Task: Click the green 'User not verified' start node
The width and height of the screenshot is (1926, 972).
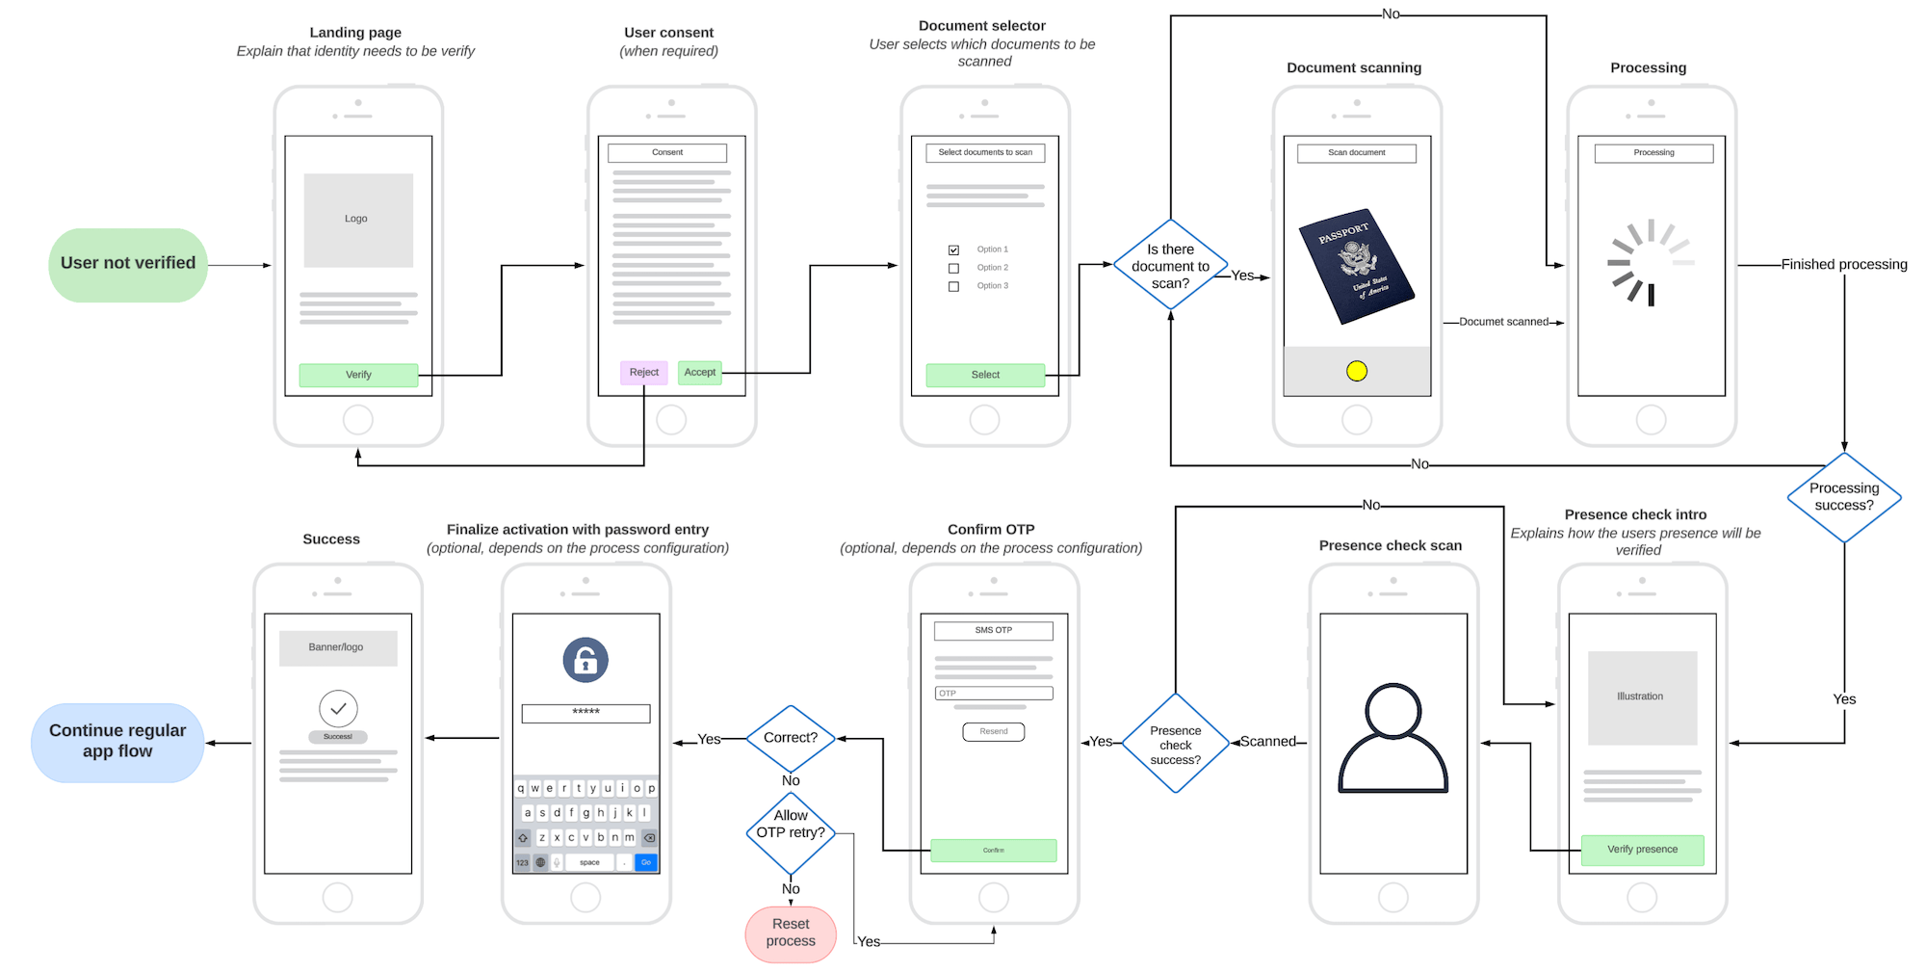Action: tap(128, 265)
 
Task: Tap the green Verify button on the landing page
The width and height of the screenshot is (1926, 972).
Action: tap(358, 375)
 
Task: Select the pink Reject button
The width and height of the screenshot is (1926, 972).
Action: tap(643, 372)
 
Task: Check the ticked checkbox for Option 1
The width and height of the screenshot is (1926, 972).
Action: tap(953, 250)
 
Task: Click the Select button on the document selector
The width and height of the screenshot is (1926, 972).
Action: tap(985, 375)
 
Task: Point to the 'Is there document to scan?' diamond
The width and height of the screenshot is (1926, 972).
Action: tap(1170, 265)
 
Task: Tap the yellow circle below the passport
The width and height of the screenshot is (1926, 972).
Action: tap(1356, 371)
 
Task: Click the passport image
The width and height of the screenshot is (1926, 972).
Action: tap(1356, 265)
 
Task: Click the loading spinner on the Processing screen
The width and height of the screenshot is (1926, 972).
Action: tap(1651, 262)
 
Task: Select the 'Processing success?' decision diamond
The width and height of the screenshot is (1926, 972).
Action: tap(1843, 497)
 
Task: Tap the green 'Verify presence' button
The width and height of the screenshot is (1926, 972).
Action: tap(1642, 850)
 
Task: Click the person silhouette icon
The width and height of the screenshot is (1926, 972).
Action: tap(1392, 739)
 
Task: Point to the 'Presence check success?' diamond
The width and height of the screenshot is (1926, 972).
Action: tap(1175, 744)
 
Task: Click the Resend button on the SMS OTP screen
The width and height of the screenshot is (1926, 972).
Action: tap(993, 731)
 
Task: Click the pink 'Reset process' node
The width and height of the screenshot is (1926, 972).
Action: tap(791, 933)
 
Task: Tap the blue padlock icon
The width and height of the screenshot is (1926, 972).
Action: tap(586, 660)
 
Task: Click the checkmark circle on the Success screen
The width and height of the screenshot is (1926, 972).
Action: tap(338, 708)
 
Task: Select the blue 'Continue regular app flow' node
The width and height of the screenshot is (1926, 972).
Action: tap(117, 742)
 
